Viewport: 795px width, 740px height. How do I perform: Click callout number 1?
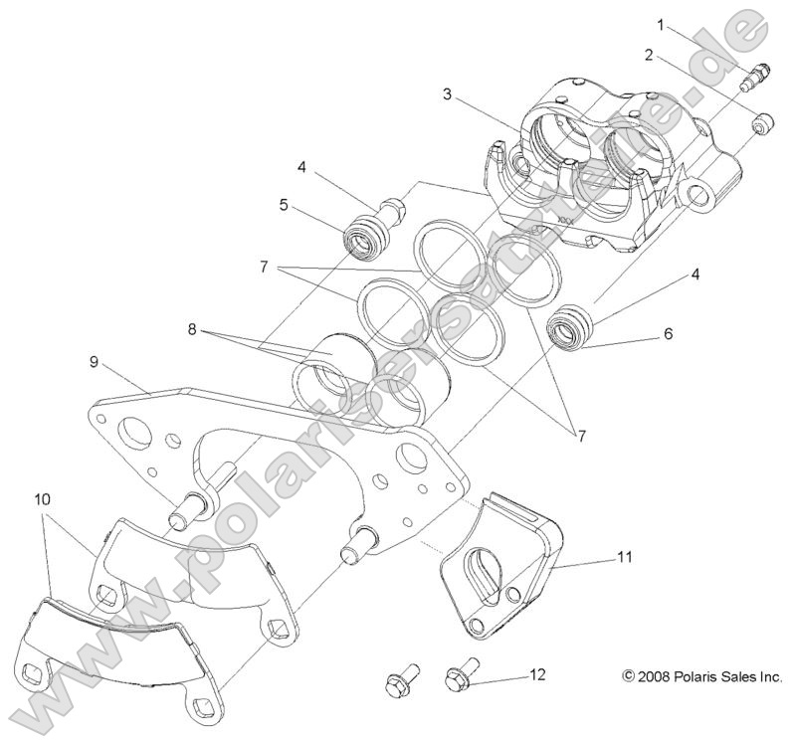pos(658,23)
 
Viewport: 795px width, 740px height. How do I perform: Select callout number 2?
pos(648,56)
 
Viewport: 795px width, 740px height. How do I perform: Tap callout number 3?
pos(449,94)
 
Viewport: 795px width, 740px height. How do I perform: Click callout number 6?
pos(668,334)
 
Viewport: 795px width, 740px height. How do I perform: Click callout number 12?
pos(537,674)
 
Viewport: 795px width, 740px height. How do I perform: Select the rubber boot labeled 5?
pos(358,240)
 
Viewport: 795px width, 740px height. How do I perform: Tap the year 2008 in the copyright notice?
pos(657,675)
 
